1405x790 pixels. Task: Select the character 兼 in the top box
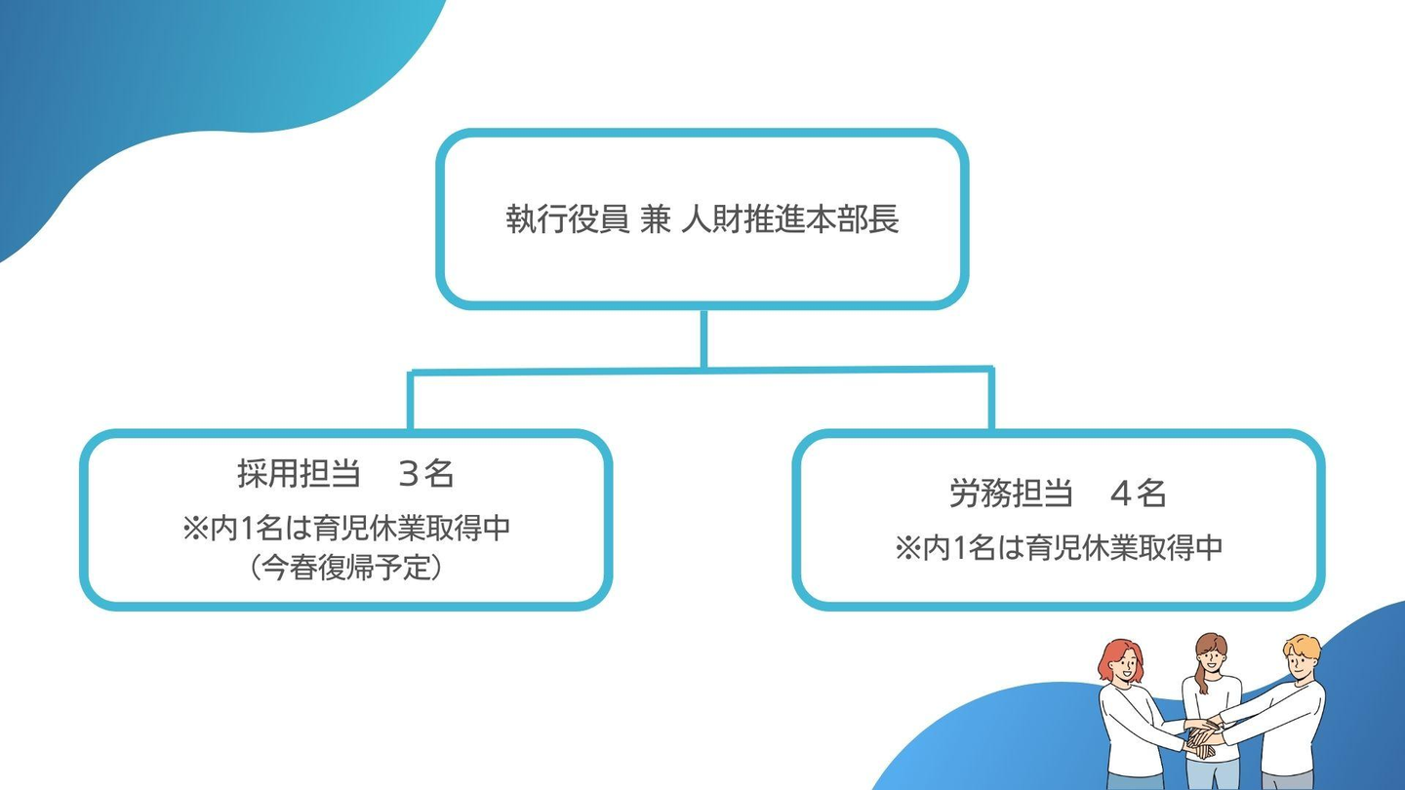656,219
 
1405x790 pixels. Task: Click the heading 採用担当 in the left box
294,474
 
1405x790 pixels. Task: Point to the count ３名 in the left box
426,474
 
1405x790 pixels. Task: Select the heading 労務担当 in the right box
1006,494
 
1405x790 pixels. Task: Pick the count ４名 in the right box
1139,494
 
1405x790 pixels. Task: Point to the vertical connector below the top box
703,337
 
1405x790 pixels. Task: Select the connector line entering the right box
991,400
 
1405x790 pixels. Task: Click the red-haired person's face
1121,668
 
